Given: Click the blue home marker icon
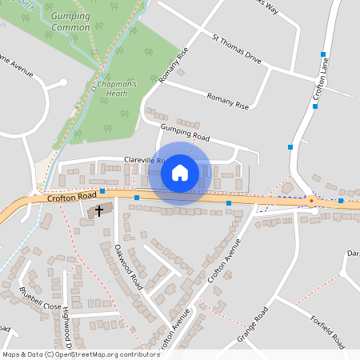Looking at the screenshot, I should [180, 173].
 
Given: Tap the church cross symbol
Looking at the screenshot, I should [99, 210].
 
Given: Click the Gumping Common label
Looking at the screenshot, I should [70, 22].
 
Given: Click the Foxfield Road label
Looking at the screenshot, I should [326, 332].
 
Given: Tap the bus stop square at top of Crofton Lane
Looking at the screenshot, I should [323, 54].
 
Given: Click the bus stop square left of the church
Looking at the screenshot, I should [102, 192].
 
